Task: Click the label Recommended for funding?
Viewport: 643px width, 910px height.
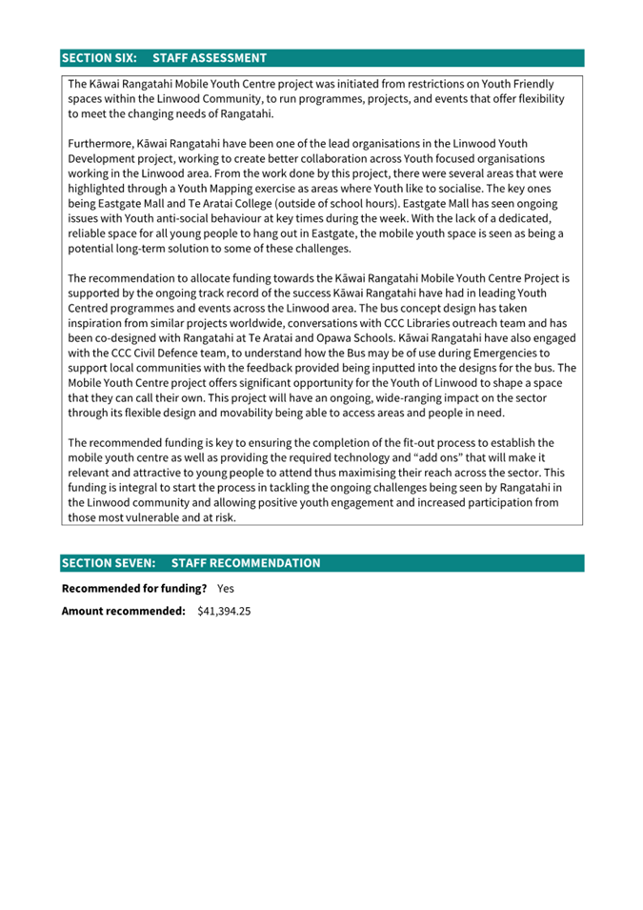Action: click(x=134, y=589)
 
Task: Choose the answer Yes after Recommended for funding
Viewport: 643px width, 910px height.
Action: click(x=226, y=589)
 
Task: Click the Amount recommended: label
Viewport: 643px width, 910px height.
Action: click(x=124, y=611)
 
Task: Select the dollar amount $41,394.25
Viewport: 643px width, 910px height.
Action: click(x=224, y=611)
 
